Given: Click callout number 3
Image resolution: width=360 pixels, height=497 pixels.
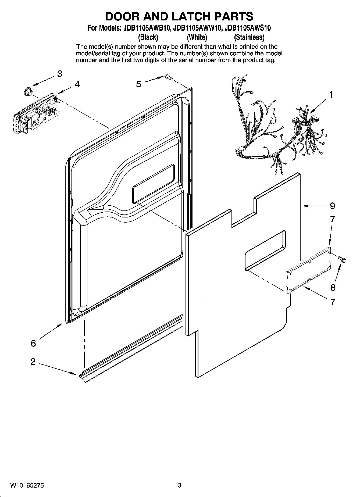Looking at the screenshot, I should (x=60, y=74).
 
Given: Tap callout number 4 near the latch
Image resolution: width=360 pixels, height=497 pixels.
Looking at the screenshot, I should (x=77, y=84).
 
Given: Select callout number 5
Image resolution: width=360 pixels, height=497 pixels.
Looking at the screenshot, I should (x=138, y=84).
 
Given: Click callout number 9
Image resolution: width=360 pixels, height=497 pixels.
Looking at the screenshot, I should (x=333, y=206).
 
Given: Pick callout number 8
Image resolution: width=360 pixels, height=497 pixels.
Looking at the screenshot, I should (x=333, y=288).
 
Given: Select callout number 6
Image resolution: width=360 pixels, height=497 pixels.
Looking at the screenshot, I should (x=33, y=343).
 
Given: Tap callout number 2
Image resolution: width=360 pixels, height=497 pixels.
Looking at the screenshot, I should (x=33, y=362).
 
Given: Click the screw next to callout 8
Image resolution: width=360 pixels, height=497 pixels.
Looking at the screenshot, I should (x=343, y=259).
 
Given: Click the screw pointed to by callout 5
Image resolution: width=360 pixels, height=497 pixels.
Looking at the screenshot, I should (x=169, y=77).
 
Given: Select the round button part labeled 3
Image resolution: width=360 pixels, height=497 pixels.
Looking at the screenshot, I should (x=27, y=91).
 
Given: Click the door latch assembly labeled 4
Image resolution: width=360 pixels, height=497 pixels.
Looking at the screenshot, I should (x=35, y=113).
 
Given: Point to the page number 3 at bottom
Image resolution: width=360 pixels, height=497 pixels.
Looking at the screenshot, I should (x=179, y=485).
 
